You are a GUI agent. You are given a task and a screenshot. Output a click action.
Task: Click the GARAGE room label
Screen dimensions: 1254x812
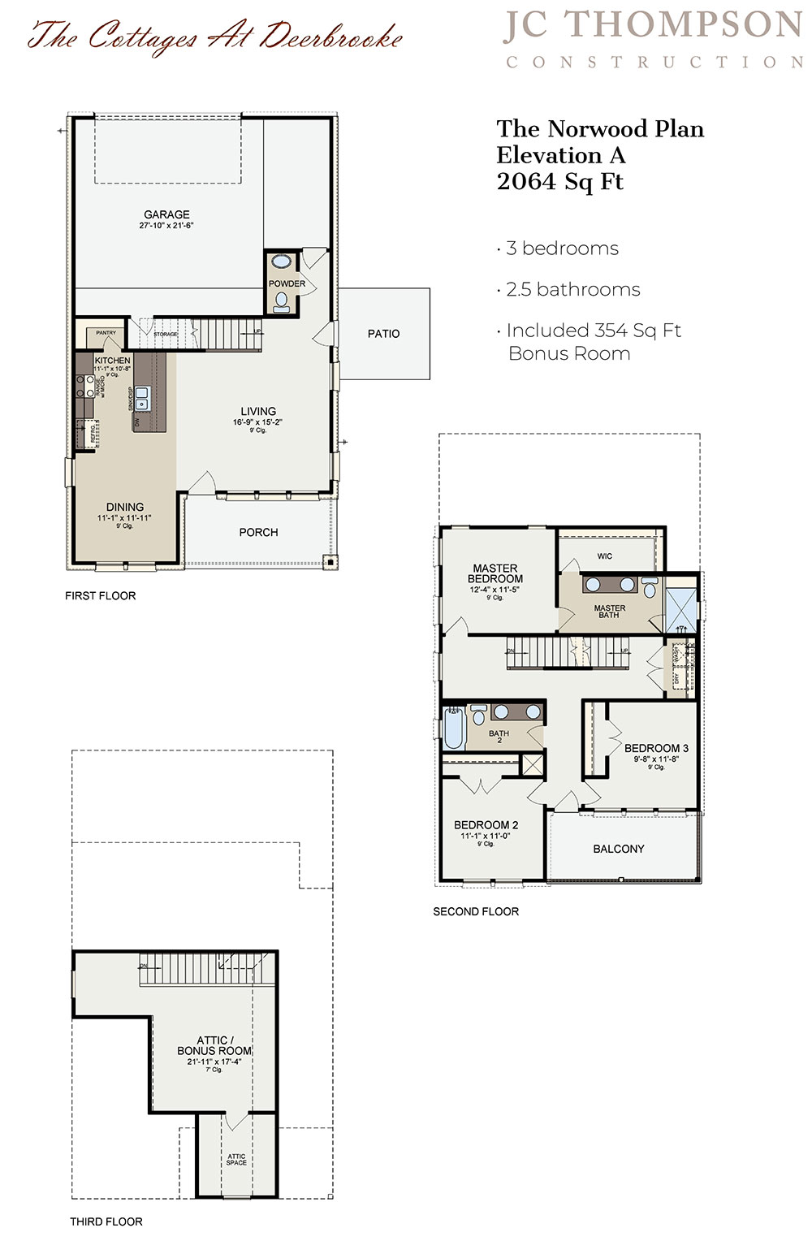point(166,214)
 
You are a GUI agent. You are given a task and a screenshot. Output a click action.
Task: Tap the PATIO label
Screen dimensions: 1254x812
point(383,334)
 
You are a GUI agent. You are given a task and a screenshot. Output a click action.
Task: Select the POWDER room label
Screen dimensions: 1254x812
point(287,283)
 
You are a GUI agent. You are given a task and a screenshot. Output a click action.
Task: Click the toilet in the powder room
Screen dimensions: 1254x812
point(281,301)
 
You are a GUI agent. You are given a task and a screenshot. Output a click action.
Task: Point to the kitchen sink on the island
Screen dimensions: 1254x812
point(142,398)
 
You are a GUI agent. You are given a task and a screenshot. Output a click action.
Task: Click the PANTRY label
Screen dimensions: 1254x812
point(106,333)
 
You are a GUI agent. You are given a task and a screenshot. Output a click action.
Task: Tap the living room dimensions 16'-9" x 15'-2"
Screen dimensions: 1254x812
point(257,422)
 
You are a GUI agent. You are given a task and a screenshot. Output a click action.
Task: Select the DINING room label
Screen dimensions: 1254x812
point(124,507)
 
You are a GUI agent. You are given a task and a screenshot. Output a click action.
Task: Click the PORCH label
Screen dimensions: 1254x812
point(258,533)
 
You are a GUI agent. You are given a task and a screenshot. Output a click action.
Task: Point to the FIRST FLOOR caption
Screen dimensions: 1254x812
point(100,596)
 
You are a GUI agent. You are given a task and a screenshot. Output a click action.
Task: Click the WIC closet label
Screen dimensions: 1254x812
point(604,556)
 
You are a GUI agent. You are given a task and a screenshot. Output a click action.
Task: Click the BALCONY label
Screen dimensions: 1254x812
point(618,849)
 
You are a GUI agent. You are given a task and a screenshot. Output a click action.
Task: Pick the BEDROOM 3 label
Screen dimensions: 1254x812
point(656,748)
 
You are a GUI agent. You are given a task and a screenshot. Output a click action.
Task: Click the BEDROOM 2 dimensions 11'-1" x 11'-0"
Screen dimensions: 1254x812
point(485,836)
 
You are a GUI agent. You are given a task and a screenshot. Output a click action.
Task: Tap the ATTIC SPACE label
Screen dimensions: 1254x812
point(236,1160)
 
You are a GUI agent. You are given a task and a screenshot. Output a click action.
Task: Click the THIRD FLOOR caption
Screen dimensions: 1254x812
point(106,1222)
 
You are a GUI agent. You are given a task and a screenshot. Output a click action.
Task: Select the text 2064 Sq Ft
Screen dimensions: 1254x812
point(559,182)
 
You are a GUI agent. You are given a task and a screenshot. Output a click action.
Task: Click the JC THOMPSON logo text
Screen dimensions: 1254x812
point(653,26)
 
